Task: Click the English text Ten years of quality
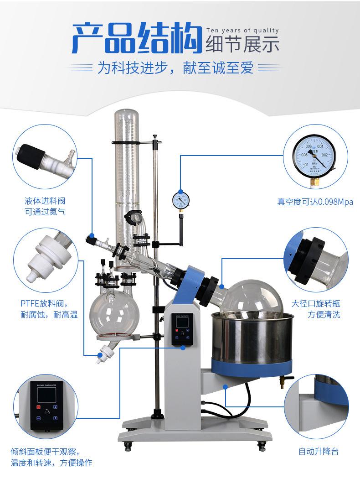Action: tap(242, 31)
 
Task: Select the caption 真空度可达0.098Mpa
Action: tap(315, 202)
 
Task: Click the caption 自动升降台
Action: tap(319, 451)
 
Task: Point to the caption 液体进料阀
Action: tap(45, 201)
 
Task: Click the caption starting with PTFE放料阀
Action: tap(46, 303)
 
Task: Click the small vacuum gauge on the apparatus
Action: tap(180, 199)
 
